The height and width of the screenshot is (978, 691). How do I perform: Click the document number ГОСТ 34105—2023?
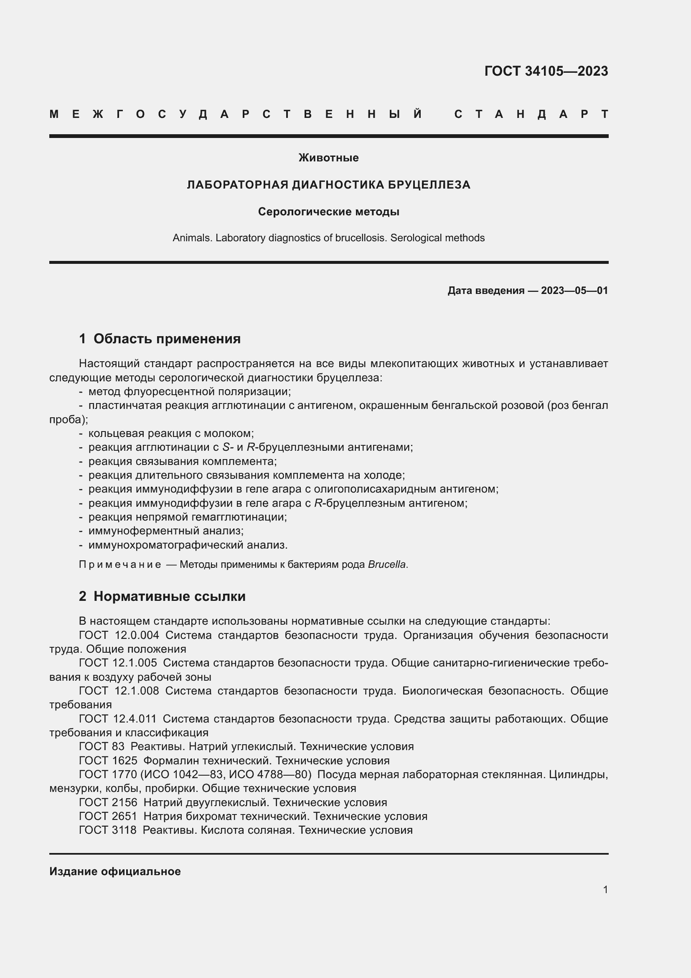click(x=546, y=71)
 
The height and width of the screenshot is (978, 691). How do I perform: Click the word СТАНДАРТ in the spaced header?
click(x=531, y=114)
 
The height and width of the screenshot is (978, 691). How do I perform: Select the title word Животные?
click(x=328, y=158)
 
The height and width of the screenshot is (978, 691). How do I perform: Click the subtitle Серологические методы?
click(x=328, y=212)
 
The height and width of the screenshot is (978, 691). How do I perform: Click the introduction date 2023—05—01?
click(x=574, y=291)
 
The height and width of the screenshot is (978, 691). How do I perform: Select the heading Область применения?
click(x=167, y=339)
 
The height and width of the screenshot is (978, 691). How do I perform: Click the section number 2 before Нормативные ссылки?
click(x=82, y=596)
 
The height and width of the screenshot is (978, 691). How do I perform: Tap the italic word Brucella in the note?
click(x=387, y=564)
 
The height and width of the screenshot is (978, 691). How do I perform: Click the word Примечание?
click(x=120, y=564)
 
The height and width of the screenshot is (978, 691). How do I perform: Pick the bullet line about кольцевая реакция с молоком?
click(x=170, y=434)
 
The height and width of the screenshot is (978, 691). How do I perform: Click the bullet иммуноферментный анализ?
click(x=165, y=531)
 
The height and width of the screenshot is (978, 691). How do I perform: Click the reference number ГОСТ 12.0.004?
click(x=119, y=635)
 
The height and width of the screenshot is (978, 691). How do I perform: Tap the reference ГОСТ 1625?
click(x=108, y=760)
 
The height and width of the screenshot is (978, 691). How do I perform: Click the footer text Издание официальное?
click(x=115, y=871)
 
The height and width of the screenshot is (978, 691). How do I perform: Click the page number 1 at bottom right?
click(x=605, y=889)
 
